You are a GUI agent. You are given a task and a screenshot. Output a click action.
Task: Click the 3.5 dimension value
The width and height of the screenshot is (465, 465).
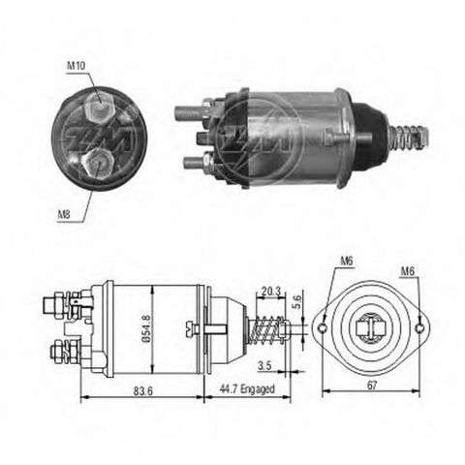pyautogui.click(x=263, y=366)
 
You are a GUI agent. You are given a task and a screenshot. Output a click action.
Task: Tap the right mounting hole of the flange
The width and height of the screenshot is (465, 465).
pyautogui.click(x=422, y=328)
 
